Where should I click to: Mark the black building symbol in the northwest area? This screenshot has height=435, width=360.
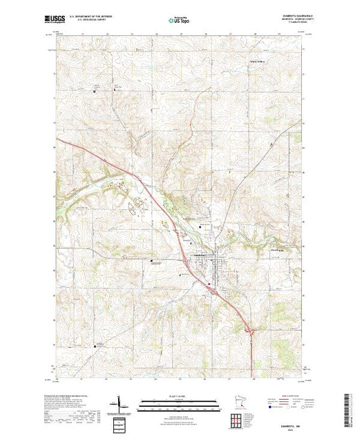pos(95,90)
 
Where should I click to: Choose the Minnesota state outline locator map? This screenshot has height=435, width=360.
pos(236,404)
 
